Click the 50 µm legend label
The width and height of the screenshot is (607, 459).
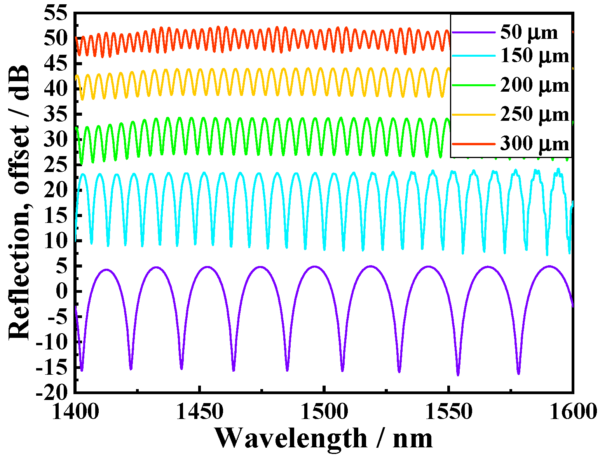(529, 32)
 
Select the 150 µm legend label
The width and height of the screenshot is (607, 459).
(534, 56)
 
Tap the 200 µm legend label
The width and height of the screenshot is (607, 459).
(534, 85)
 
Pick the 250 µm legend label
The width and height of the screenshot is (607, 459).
(534, 114)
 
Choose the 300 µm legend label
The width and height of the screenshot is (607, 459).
(534, 144)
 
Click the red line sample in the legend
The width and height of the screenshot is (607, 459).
(473, 144)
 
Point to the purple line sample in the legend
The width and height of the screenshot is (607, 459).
(473, 32)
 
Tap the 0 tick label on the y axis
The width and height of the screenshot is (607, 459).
(62, 291)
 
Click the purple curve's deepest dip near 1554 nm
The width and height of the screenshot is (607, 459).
(458, 375)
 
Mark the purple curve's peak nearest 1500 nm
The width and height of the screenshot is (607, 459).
(315, 266)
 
